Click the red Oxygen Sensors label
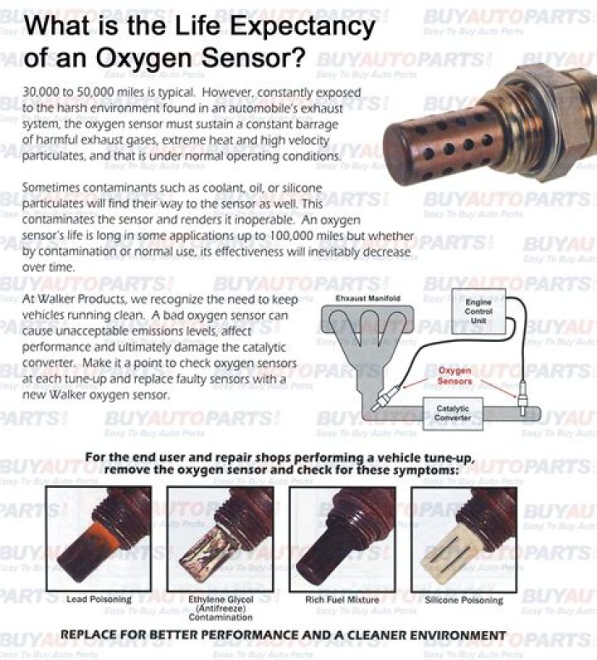point(455,376)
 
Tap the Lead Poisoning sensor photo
point(98,537)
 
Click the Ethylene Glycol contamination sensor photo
point(220,537)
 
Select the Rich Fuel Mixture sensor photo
point(342,537)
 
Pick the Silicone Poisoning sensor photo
point(464,537)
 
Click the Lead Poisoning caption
point(98,599)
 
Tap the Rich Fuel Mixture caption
point(342,599)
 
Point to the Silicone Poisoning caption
point(464,599)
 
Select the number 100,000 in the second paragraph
point(298,236)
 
